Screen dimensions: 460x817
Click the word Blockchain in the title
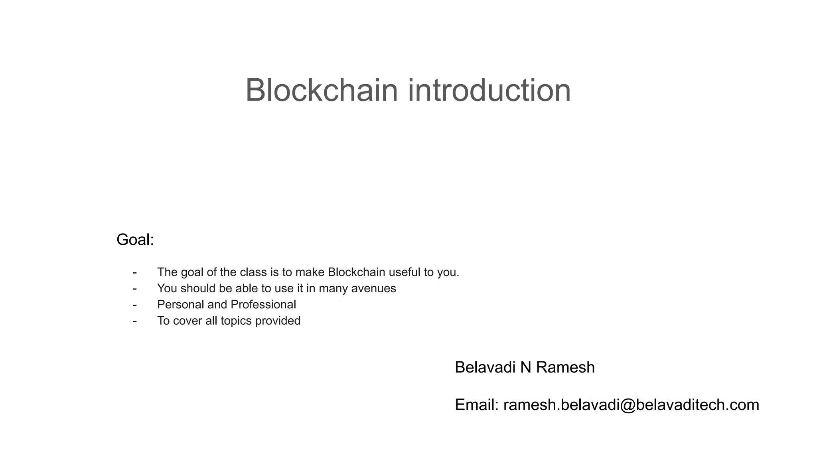(x=322, y=90)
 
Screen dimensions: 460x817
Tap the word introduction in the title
(x=489, y=90)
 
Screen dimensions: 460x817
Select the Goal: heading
(x=135, y=240)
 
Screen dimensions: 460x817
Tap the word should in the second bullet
(x=198, y=288)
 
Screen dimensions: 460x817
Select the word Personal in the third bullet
(x=180, y=305)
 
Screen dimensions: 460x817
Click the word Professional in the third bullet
(x=263, y=305)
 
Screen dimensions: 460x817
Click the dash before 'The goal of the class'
(x=135, y=272)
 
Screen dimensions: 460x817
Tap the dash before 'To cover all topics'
(x=135, y=321)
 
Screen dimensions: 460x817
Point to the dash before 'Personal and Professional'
(x=135, y=305)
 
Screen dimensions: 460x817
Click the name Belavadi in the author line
(x=485, y=367)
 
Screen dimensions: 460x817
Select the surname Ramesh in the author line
(x=565, y=367)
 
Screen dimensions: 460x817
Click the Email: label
(x=477, y=405)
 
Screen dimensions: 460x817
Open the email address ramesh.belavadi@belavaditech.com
(x=631, y=405)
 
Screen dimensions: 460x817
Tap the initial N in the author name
(x=525, y=367)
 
